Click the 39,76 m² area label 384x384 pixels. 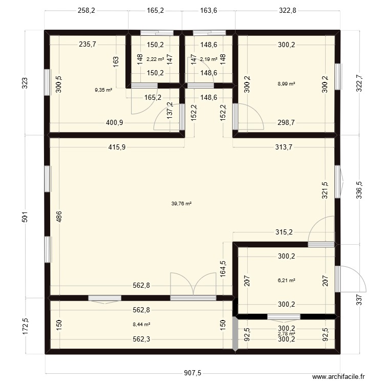(181, 203)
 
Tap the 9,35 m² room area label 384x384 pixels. (103, 90)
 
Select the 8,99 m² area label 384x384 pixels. (287, 83)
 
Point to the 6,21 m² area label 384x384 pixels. (287, 281)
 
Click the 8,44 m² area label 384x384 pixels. (141, 324)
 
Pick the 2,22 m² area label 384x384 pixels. (155, 59)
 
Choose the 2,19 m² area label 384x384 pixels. (208, 59)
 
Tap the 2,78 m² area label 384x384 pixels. (286, 334)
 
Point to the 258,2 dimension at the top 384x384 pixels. (86, 10)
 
